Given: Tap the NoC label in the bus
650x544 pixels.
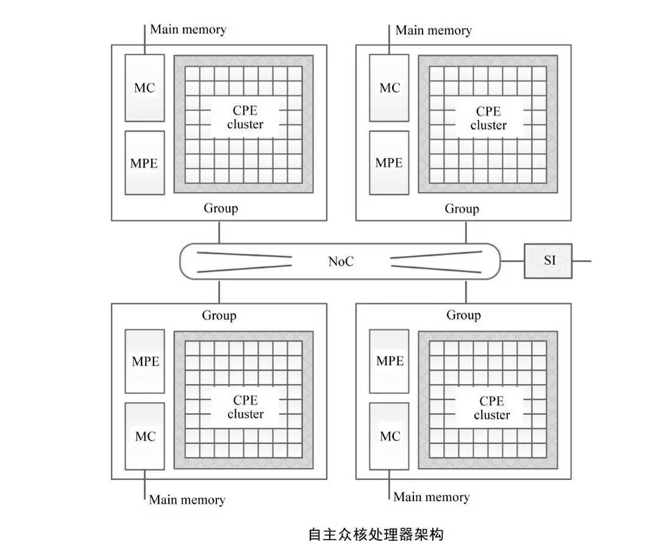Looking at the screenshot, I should pyautogui.click(x=341, y=261).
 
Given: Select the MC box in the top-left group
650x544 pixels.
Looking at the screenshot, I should pyautogui.click(x=145, y=88).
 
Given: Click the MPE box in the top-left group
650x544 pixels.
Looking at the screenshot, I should pyautogui.click(x=145, y=163).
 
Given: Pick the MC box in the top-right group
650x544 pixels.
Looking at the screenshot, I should pyautogui.click(x=389, y=88).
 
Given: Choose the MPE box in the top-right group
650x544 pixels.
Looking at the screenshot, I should pyautogui.click(x=389, y=163).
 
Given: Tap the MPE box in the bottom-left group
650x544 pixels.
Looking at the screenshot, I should pyautogui.click(x=145, y=361).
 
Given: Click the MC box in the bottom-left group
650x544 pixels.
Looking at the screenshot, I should pyautogui.click(x=145, y=436).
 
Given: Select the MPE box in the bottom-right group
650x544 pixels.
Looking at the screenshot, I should pyautogui.click(x=389, y=361).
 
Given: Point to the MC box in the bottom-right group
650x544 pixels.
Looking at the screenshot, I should pyautogui.click(x=389, y=436).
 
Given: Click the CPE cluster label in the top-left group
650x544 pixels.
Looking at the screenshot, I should pyautogui.click(x=245, y=118).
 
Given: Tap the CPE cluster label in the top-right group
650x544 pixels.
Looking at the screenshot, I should pyautogui.click(x=488, y=118).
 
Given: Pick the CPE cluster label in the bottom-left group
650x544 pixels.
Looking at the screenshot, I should pyautogui.click(x=245, y=407).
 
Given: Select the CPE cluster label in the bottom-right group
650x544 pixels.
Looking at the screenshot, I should pyautogui.click(x=491, y=408).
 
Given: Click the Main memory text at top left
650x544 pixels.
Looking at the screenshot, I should pyautogui.click(x=188, y=29).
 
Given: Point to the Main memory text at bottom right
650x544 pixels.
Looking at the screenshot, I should pyautogui.click(x=431, y=497).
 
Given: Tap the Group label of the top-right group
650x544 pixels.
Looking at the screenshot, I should pyautogui.click(x=462, y=209).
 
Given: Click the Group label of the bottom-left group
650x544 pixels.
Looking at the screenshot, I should pyautogui.click(x=219, y=316).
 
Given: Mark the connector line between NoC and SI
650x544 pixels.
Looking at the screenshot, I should pyautogui.click(x=512, y=261).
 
